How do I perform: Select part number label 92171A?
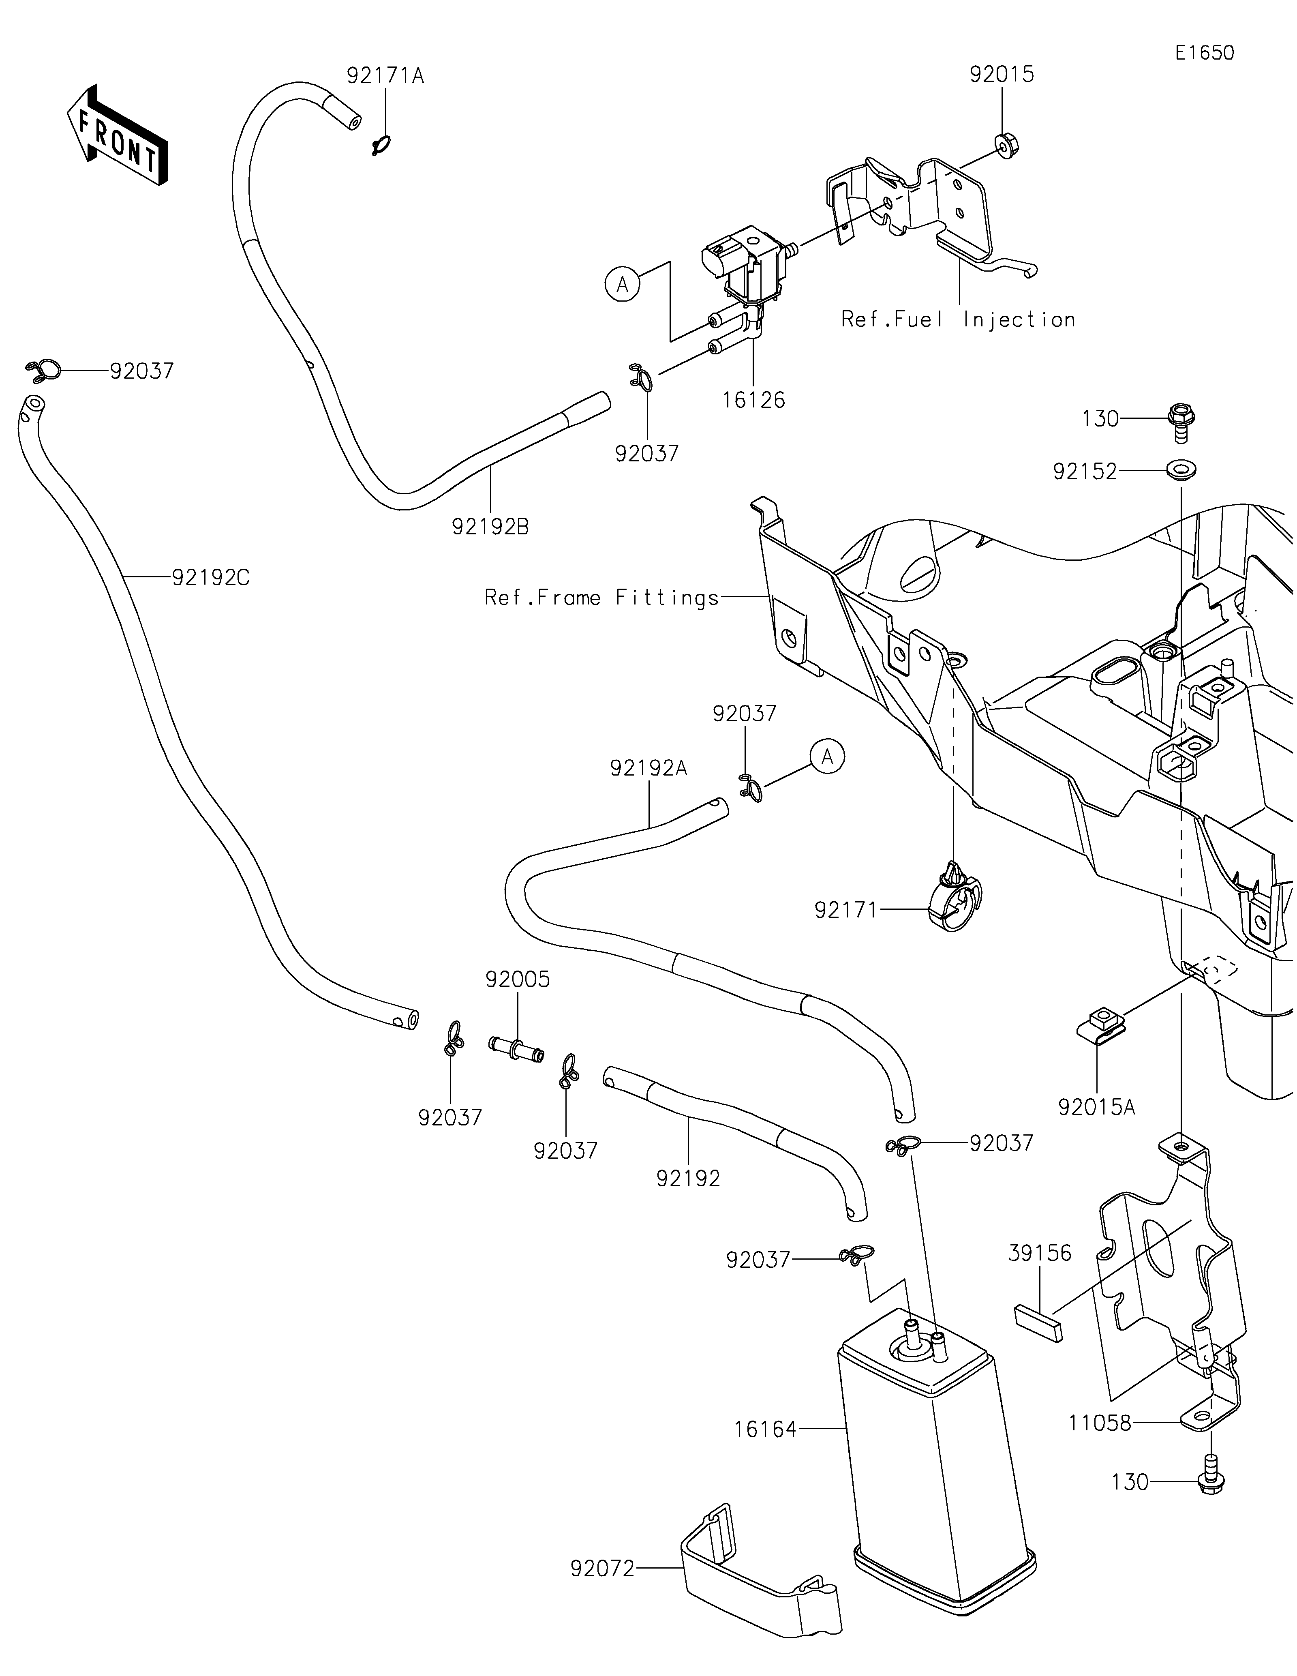pyautogui.click(x=385, y=75)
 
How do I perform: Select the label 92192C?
pyautogui.click(x=211, y=577)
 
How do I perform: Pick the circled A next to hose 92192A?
pyautogui.click(x=827, y=757)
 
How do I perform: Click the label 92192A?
pyautogui.click(x=649, y=768)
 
